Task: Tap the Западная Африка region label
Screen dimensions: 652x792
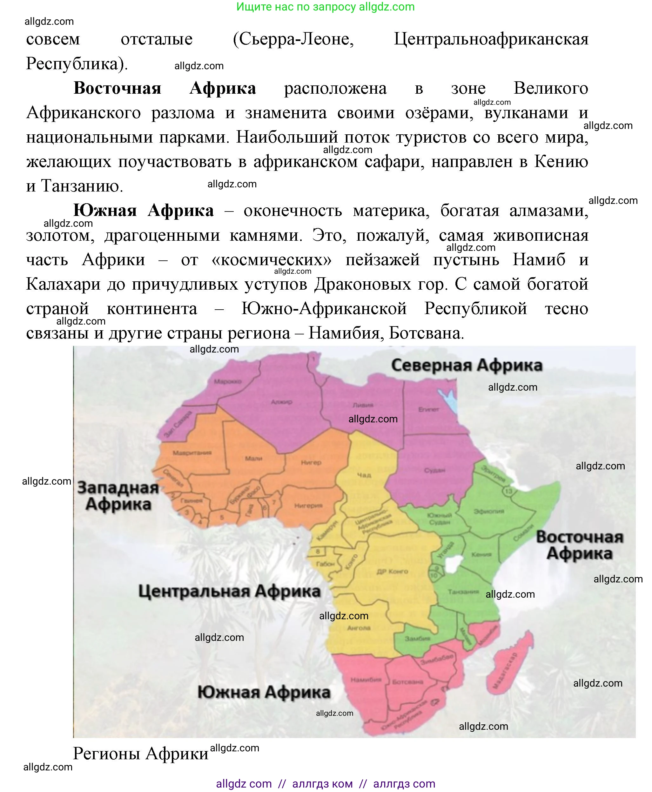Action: click(x=118, y=496)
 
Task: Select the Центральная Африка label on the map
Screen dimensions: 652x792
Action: click(x=230, y=591)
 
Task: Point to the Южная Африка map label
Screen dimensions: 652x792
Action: click(x=264, y=692)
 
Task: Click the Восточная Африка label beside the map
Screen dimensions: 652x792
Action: click(x=580, y=545)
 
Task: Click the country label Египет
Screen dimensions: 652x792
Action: click(x=428, y=409)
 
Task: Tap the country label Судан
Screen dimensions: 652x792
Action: click(x=434, y=470)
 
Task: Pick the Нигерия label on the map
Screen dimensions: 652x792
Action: click(x=308, y=506)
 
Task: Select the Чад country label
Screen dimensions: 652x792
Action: click(x=364, y=475)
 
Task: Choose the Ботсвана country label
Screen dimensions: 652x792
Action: click(x=407, y=681)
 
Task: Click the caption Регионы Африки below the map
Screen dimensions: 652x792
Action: click(x=140, y=753)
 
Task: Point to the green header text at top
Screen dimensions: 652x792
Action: click(x=326, y=7)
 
